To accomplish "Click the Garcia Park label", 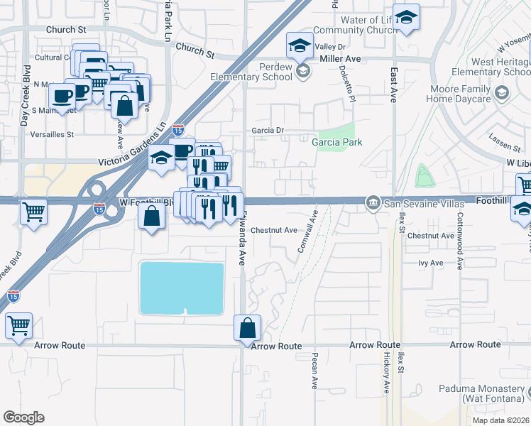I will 337,142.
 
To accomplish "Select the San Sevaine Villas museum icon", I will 372,204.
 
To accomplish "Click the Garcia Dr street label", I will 268,131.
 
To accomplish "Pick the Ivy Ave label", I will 431,263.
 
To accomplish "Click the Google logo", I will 23,417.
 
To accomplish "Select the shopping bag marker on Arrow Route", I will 247,329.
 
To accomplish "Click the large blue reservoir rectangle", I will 182,288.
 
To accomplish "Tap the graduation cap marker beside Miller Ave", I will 300,46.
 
